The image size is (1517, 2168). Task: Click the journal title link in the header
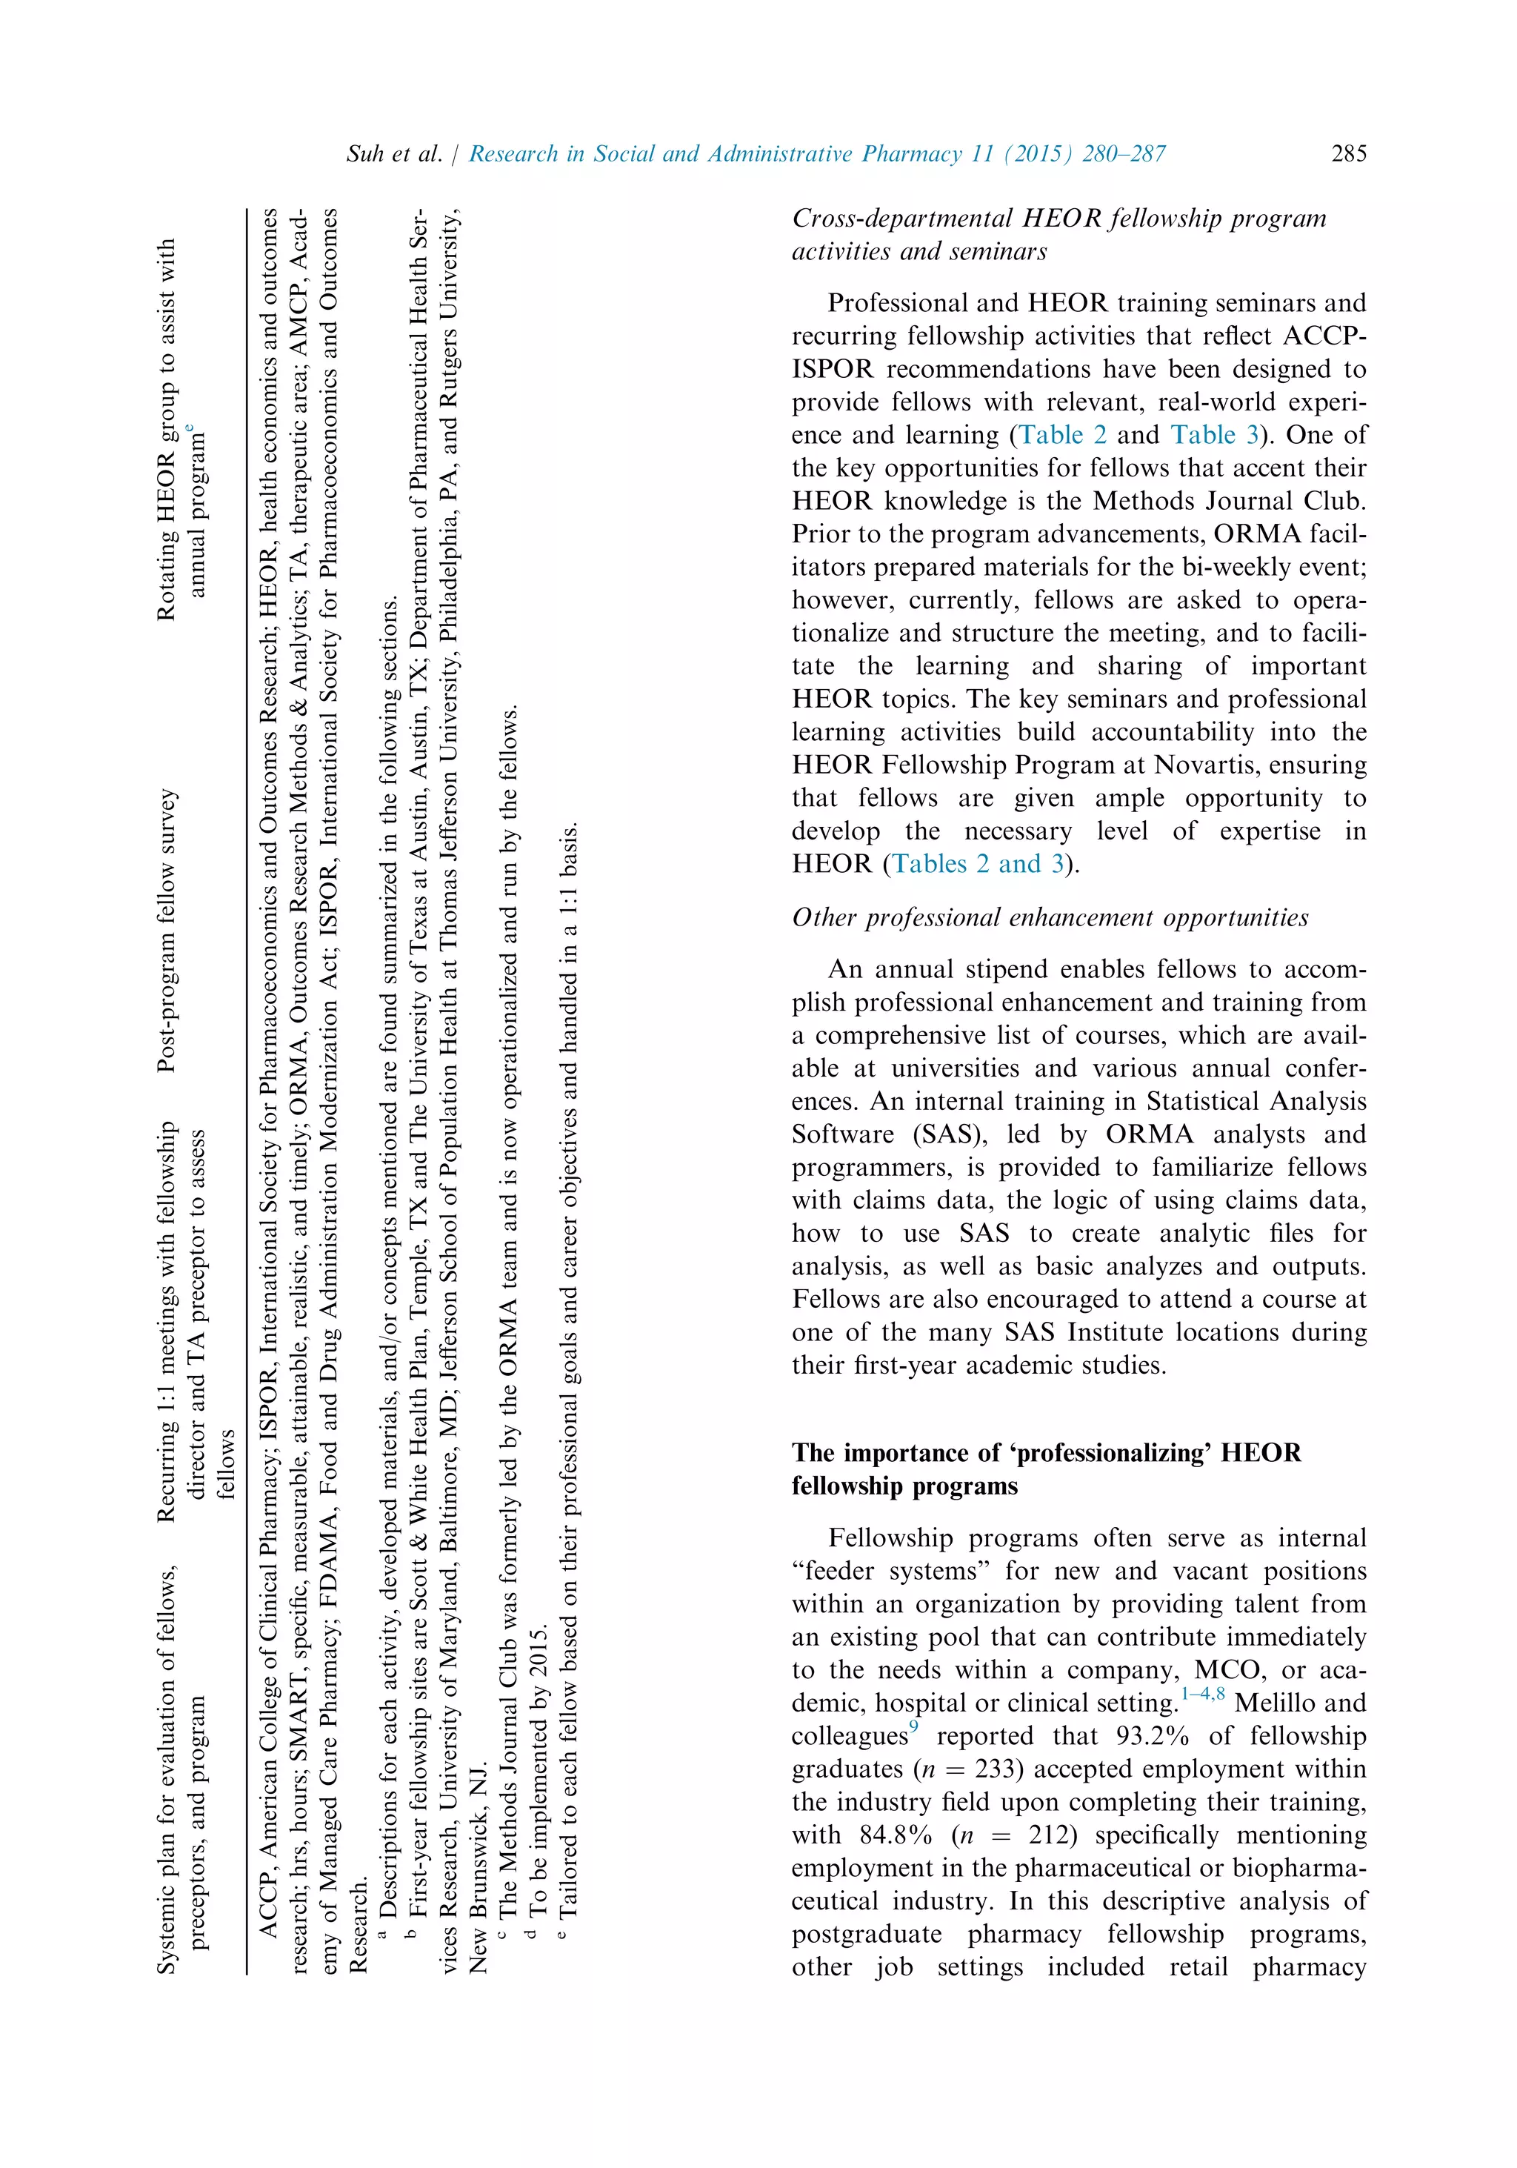[816, 154]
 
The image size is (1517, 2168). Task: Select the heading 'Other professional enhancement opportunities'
[1050, 918]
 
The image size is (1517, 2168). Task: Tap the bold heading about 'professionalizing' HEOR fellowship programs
[1046, 1469]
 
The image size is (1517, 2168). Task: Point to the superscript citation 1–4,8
[1203, 1695]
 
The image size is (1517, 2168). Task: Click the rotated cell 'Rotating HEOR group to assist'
[179, 430]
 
